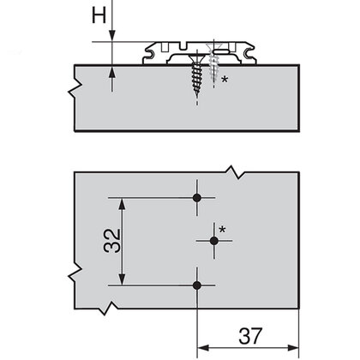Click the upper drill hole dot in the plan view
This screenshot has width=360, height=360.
click(x=198, y=198)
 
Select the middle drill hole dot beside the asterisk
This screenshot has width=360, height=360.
click(x=213, y=242)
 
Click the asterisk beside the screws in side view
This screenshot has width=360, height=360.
click(x=224, y=80)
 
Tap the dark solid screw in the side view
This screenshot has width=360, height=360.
click(x=198, y=75)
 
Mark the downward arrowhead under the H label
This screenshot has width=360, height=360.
click(x=112, y=35)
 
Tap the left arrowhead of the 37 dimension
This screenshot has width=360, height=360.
click(x=203, y=348)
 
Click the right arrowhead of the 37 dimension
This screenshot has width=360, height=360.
click(x=295, y=348)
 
